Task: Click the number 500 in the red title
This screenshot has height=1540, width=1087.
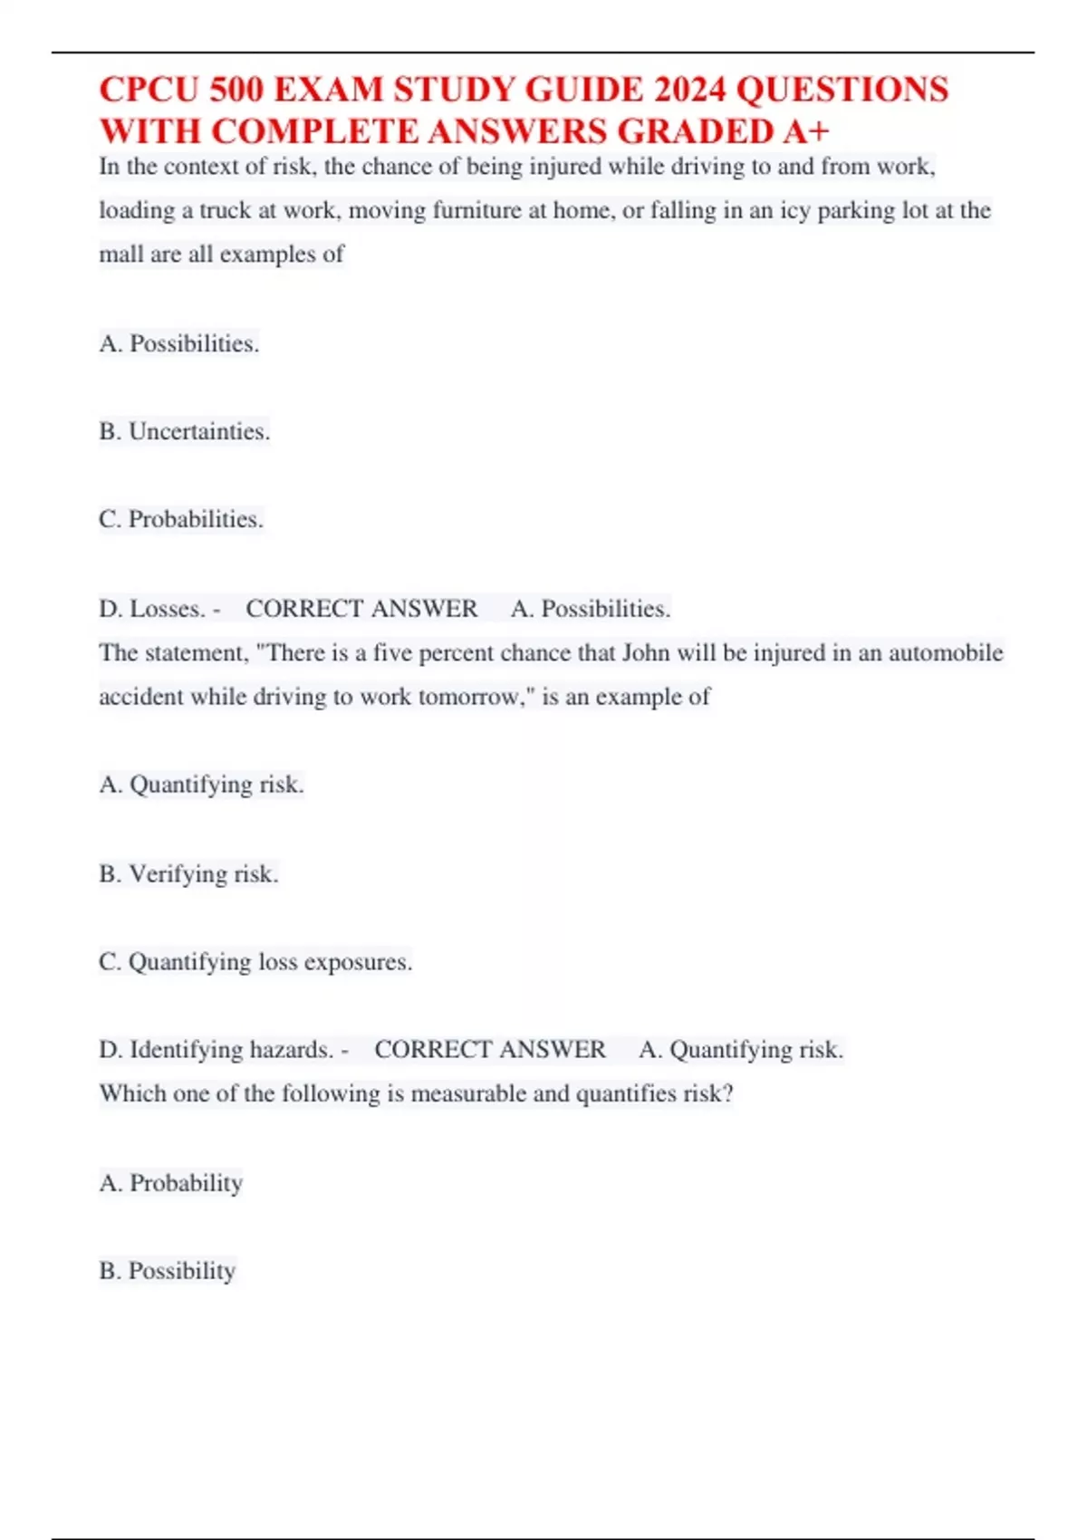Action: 236,90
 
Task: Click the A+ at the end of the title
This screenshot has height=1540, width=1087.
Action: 805,132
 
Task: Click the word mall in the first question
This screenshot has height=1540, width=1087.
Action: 121,255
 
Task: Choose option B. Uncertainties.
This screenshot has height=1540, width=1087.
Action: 185,432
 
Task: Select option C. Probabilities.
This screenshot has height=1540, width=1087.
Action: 181,520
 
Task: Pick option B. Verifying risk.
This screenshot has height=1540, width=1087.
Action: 188,874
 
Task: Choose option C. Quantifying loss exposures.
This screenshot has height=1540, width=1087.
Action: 255,962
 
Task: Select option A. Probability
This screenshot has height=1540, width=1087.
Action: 171,1183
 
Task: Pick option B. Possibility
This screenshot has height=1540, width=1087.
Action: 168,1271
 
